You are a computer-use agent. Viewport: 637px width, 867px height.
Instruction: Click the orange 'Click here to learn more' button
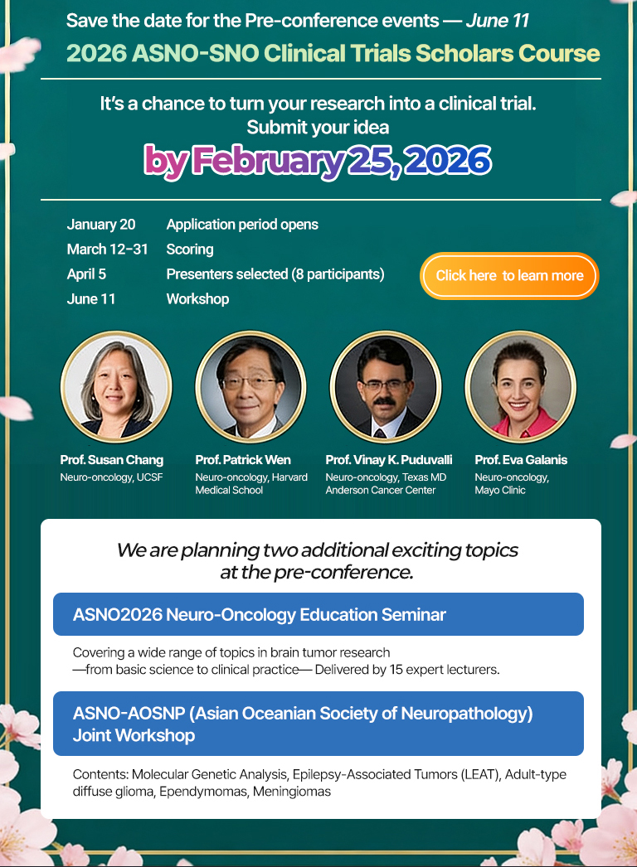point(509,275)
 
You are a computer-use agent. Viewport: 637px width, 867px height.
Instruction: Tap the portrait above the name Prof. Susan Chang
point(115,386)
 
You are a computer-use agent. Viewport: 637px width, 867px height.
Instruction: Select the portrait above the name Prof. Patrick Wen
point(250,386)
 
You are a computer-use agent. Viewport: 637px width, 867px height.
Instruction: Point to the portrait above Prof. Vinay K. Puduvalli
point(386,386)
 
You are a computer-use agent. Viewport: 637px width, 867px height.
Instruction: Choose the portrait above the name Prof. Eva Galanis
point(520,386)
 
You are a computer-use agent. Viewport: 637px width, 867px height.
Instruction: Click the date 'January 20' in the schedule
point(100,225)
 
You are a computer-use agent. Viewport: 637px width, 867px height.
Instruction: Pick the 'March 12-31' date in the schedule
point(107,249)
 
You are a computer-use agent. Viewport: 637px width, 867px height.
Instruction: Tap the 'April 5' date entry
point(86,274)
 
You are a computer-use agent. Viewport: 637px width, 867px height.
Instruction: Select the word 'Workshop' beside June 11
point(197,299)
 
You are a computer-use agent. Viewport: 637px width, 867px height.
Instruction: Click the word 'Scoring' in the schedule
point(190,249)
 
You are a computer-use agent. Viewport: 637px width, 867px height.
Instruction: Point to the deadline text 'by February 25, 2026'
point(318,162)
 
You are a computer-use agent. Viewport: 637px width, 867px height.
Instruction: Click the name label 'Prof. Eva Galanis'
point(521,460)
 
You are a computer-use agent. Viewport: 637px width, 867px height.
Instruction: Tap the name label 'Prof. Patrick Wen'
point(243,460)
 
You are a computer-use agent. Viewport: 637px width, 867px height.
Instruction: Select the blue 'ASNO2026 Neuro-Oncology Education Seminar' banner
point(318,614)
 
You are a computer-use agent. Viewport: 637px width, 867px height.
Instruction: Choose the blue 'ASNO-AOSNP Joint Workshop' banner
point(318,724)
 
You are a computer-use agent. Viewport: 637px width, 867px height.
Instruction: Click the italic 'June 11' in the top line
point(498,21)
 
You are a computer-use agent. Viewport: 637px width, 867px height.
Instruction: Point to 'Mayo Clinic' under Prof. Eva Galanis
point(500,491)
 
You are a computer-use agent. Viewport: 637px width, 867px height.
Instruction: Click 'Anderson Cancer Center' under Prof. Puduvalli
point(380,491)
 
